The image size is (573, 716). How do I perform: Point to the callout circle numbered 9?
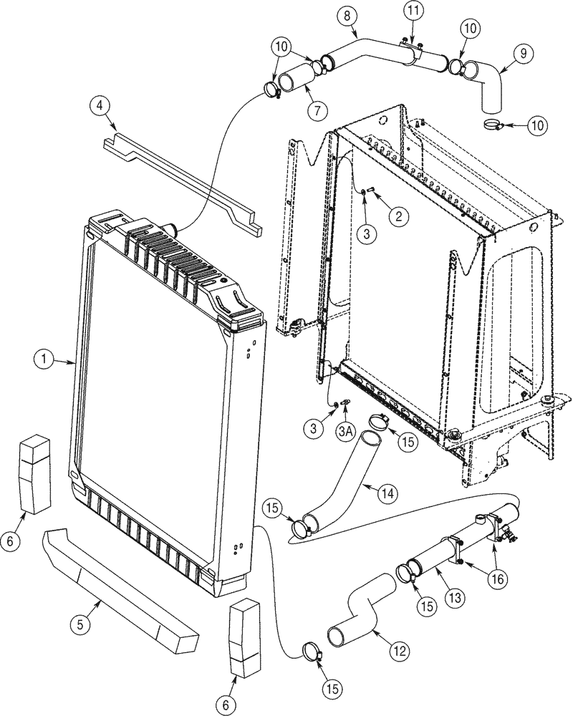(x=522, y=52)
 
